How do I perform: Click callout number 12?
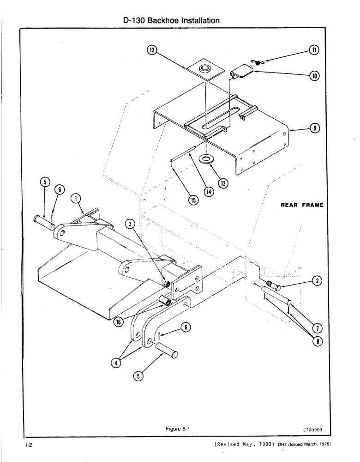[x=151, y=50]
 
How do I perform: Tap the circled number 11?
[x=314, y=50]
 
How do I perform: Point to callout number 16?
[x=118, y=322]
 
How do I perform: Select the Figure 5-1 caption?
[x=178, y=429]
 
